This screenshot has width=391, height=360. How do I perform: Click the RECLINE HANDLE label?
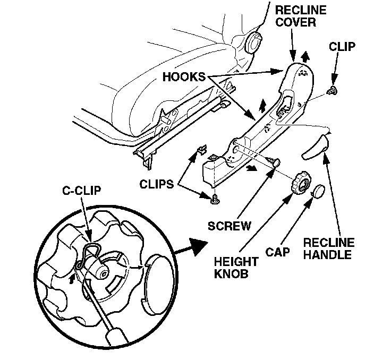pyautogui.click(x=328, y=248)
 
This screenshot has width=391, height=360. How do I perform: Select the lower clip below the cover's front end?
pyautogui.click(x=215, y=200)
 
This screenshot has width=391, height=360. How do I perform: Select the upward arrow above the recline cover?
pyautogui.click(x=305, y=57)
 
